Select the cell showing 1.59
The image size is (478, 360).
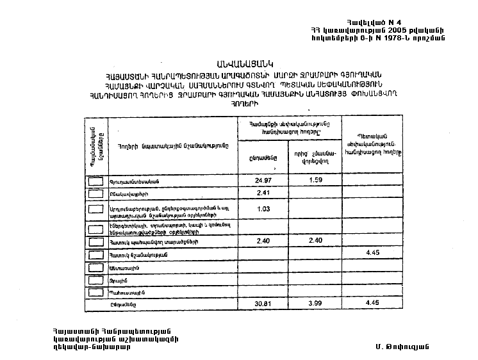coord(315,180)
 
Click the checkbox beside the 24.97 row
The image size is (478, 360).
coord(95,181)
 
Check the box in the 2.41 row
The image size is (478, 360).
coord(95,193)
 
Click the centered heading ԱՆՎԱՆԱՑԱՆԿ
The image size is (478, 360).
coord(244,62)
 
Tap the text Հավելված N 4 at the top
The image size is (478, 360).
coord(374,22)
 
